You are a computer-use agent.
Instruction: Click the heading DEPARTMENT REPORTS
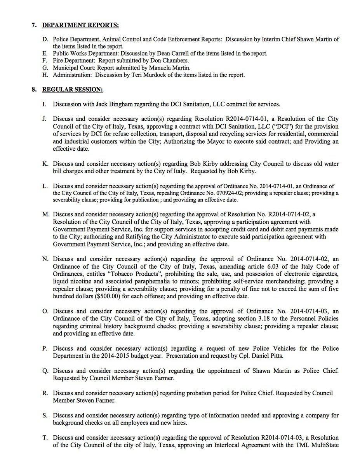click(x=80, y=26)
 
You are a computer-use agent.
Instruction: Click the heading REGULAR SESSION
click(x=72, y=90)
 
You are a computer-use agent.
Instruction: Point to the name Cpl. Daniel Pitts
click(x=260, y=355)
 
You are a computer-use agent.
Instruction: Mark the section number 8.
click(x=34, y=90)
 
